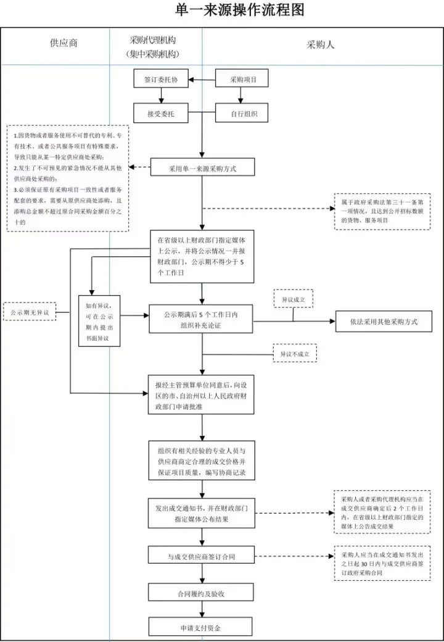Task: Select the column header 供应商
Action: click(64, 44)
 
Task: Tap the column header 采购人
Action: click(320, 44)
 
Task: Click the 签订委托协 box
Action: click(161, 80)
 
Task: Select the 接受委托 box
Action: click(161, 114)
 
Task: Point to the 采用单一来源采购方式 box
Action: click(202, 167)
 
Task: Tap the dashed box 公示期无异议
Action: click(30, 312)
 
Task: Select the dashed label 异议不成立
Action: click(294, 353)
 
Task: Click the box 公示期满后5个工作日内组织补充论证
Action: click(201, 320)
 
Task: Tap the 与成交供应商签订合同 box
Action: click(201, 556)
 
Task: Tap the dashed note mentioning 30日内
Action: click(382, 563)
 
